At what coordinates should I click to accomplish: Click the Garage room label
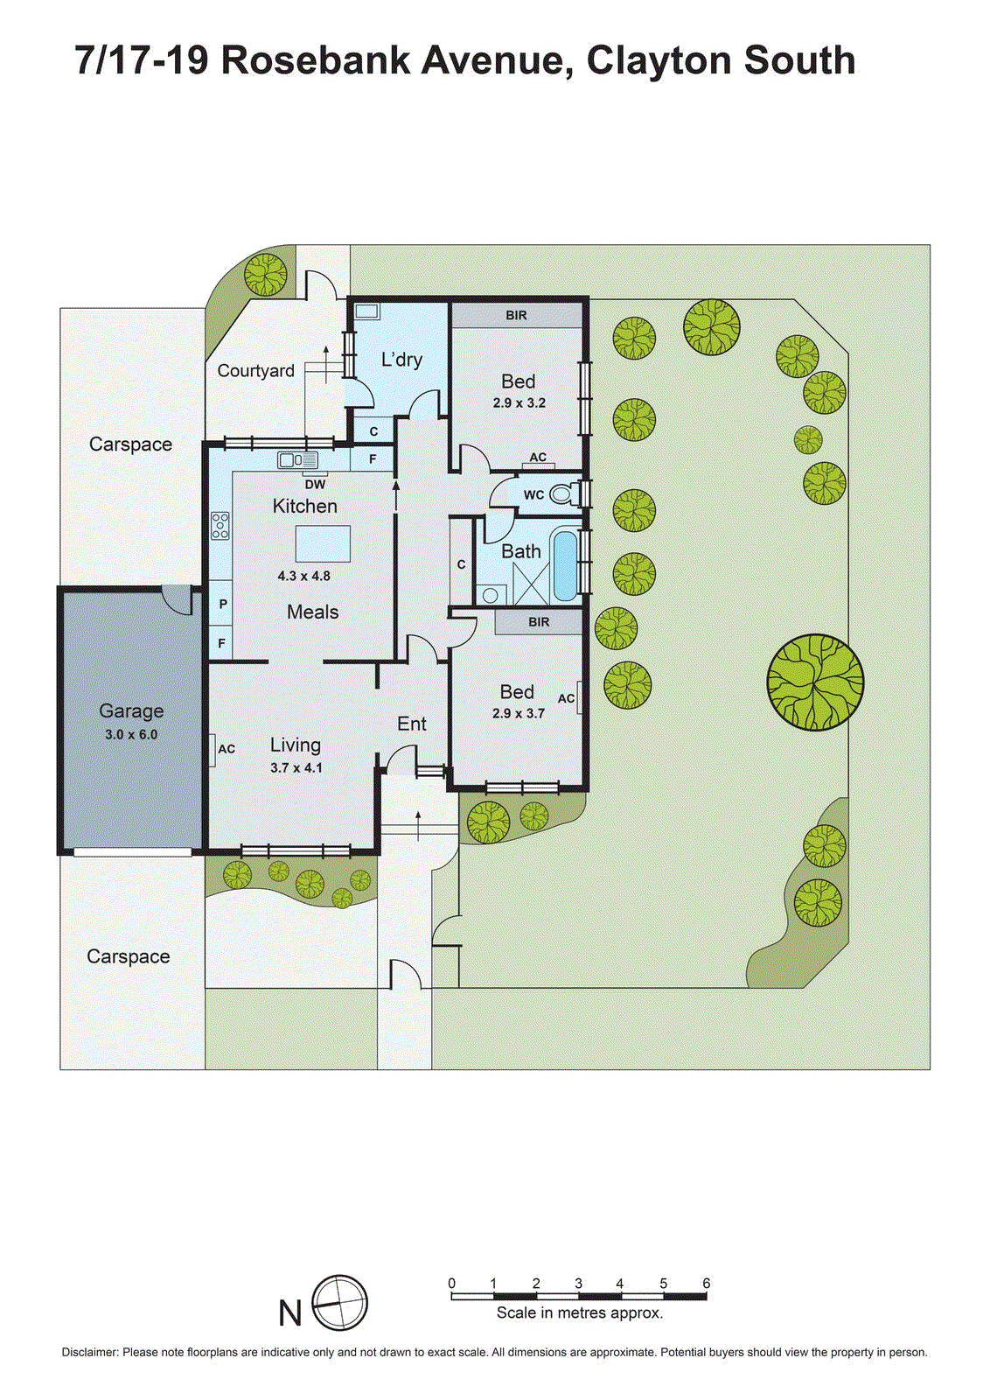[x=131, y=711]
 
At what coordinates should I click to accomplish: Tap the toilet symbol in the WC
[x=563, y=494]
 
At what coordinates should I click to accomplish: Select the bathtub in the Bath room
[x=566, y=564]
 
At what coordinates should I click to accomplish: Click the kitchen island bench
[x=323, y=543]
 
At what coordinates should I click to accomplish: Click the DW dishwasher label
[x=315, y=484]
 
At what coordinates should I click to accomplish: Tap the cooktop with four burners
[x=220, y=525]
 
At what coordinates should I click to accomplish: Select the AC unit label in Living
[x=226, y=749]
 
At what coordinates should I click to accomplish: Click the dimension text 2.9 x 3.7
[x=518, y=713]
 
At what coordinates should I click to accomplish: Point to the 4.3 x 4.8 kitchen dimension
[x=303, y=576]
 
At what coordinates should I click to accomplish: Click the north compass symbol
[x=339, y=1303]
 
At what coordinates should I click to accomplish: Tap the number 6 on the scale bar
[x=706, y=1284]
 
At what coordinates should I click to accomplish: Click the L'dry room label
[x=401, y=360]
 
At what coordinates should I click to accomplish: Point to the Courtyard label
[x=255, y=371]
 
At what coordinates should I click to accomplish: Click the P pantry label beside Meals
[x=223, y=604]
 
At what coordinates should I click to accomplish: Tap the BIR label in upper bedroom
[x=516, y=315]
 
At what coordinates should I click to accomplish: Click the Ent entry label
[x=412, y=724]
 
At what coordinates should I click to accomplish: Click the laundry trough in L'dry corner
[x=366, y=311]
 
